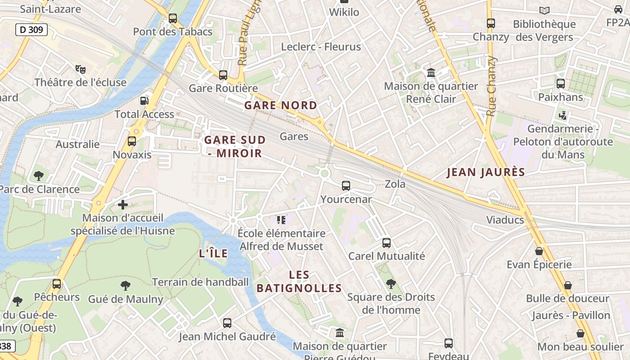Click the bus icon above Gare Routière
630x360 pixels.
pyautogui.click(x=223, y=75)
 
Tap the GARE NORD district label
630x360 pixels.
pyautogui.click(x=281, y=106)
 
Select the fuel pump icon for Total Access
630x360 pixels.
pyautogui.click(x=144, y=101)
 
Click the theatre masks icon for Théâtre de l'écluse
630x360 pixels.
pyautogui.click(x=81, y=69)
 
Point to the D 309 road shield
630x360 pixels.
pyautogui.click(x=31, y=30)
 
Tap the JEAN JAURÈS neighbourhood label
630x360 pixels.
pyautogui.click(x=486, y=172)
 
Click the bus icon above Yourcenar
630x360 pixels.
pyautogui.click(x=346, y=186)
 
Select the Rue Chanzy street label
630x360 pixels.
pyautogui.click(x=491, y=85)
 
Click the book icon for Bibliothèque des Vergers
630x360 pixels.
pyautogui.click(x=544, y=10)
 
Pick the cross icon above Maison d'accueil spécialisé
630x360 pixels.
pyautogui.click(x=123, y=205)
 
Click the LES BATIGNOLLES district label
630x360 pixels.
pyautogui.click(x=299, y=282)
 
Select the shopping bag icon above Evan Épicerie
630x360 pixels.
pyautogui.click(x=539, y=251)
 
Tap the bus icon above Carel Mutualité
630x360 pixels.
pyautogui.click(x=386, y=243)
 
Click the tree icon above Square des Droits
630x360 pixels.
pyautogui.click(x=391, y=284)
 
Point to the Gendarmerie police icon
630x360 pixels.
pyautogui.click(x=562, y=116)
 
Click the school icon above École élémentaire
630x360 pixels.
pyautogui.click(x=281, y=220)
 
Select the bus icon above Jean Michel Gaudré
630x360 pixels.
pyautogui.click(x=227, y=323)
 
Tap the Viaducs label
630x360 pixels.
pyautogui.click(x=505, y=220)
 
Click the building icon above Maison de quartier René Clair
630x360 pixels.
pyautogui.click(x=431, y=73)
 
